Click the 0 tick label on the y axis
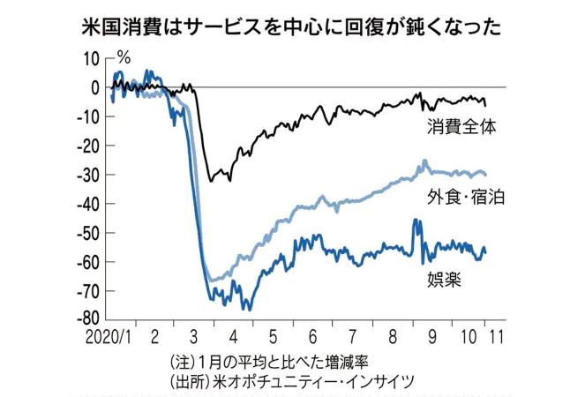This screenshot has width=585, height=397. [95, 87]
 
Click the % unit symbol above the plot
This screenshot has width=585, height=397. [124, 58]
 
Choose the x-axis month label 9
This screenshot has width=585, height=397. [431, 337]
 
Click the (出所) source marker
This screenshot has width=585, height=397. [183, 381]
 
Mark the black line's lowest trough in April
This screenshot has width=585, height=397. [210, 181]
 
